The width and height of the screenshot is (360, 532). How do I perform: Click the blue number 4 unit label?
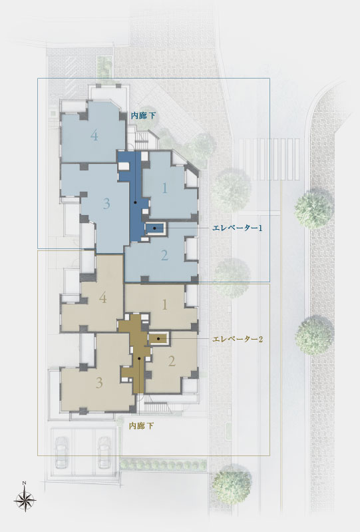pyautogui.click(x=94, y=136)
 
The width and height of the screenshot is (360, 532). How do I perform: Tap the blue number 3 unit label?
pyautogui.click(x=106, y=204)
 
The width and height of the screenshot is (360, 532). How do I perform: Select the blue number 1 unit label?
pyautogui.click(x=165, y=188)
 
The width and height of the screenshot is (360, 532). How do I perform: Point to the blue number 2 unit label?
pyautogui.click(x=164, y=255)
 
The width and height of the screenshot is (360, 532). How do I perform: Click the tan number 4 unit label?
pyautogui.click(x=103, y=298)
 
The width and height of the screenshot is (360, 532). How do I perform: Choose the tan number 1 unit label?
pyautogui.click(x=165, y=305)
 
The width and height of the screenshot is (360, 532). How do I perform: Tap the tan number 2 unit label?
pyautogui.click(x=172, y=362)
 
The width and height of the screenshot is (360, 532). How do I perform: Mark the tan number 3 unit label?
pyautogui.click(x=99, y=383)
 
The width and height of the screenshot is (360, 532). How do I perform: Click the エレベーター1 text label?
pyautogui.click(x=238, y=228)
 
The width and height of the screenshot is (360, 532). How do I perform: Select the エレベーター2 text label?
pyautogui.click(x=238, y=339)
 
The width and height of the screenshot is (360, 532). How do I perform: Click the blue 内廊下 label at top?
pyautogui.click(x=143, y=116)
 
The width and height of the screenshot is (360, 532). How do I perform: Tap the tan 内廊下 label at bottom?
pyautogui.click(x=141, y=426)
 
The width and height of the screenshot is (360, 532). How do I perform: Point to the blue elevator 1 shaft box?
pyautogui.click(x=156, y=228)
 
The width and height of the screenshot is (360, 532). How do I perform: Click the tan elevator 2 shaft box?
pyautogui.click(x=158, y=339)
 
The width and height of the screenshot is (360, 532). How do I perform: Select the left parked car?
pyautogui.click(x=62, y=452)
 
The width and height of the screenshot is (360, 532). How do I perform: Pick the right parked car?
pyautogui.click(x=105, y=452)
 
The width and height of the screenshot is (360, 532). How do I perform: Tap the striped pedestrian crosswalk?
pyautogui.click(x=269, y=159)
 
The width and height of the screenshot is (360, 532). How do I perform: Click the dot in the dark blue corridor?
pyautogui.click(x=135, y=202)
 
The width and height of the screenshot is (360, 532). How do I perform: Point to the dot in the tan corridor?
pyautogui.click(x=139, y=358)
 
